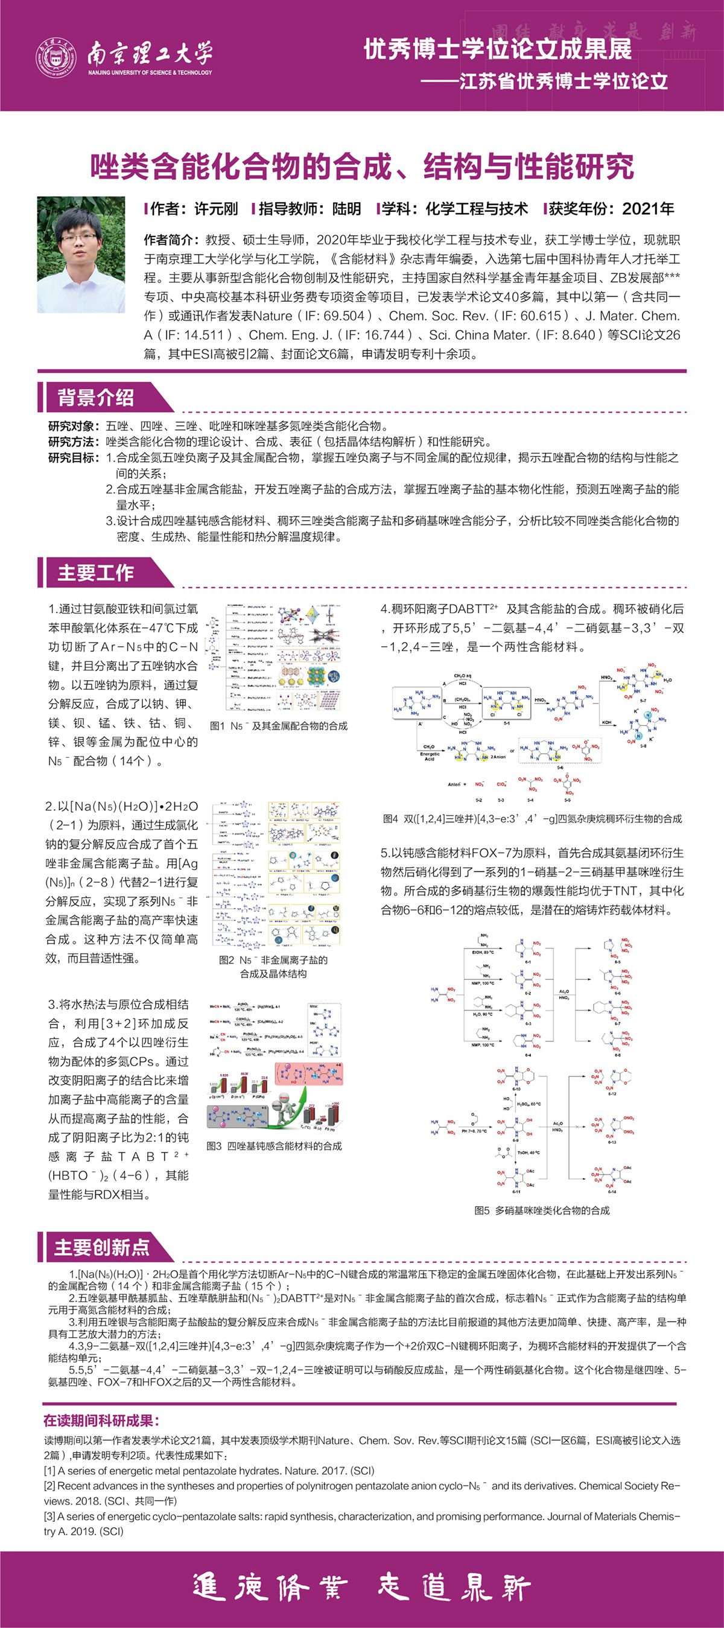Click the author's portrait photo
(81, 255)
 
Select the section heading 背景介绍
(95, 398)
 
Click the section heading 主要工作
(95, 573)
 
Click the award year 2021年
(647, 209)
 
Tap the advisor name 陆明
(347, 209)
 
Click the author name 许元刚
(216, 209)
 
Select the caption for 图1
(279, 726)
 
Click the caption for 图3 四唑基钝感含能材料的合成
(274, 1146)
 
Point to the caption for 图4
(533, 818)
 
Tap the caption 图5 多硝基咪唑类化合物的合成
(542, 1210)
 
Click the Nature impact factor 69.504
(344, 316)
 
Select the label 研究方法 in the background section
(72, 442)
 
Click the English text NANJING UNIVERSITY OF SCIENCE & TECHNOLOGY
(150, 72)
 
